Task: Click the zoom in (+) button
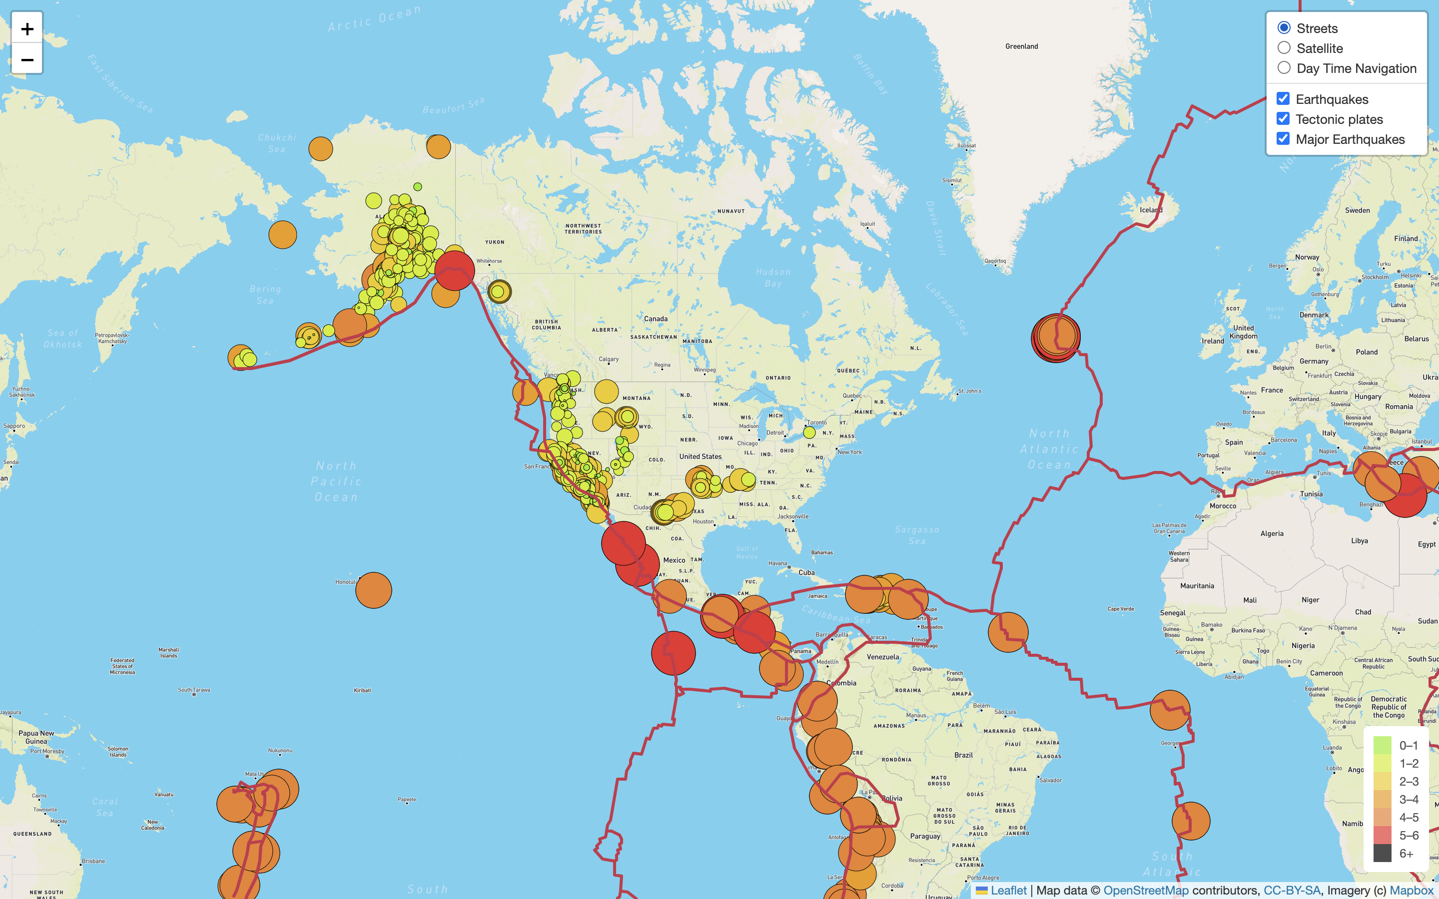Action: tap(27, 28)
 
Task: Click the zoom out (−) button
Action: tap(27, 59)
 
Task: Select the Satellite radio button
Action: tap(1284, 48)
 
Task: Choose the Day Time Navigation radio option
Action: tap(1284, 68)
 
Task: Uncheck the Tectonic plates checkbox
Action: tap(1283, 119)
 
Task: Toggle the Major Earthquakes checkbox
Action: tap(1283, 139)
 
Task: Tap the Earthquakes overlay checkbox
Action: tap(1283, 99)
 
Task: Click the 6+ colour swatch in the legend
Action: tap(1382, 853)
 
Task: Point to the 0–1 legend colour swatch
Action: tap(1382, 745)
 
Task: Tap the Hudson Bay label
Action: tap(773, 278)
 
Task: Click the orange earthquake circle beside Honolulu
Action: tap(373, 590)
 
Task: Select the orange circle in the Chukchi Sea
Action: tap(320, 149)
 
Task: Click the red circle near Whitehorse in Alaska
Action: tap(455, 271)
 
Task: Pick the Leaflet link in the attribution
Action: tap(1008, 890)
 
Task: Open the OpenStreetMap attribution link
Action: tap(1146, 890)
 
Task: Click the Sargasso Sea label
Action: tap(917, 535)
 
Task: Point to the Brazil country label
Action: tap(963, 755)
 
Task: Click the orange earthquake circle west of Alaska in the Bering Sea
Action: tap(282, 235)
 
